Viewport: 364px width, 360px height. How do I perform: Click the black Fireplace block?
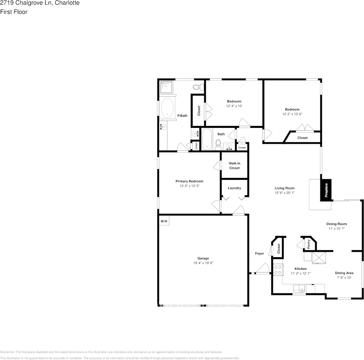point(326,189)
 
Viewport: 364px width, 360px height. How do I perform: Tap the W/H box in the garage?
point(164,221)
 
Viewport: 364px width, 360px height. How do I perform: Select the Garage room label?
point(203,258)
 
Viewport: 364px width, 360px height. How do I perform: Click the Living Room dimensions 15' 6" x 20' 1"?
point(284,193)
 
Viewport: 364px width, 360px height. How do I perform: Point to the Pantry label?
point(309,244)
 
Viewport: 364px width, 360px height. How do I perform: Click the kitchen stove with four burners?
point(278,269)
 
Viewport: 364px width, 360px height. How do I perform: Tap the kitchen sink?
point(300,289)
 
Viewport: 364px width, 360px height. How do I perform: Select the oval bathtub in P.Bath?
point(167,108)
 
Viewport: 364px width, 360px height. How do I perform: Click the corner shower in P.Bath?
point(166,88)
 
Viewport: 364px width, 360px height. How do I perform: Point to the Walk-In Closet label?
point(234,165)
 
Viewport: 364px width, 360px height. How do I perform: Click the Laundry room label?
point(234,188)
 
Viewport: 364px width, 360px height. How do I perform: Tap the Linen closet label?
point(196,146)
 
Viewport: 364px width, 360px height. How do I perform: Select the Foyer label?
point(259,253)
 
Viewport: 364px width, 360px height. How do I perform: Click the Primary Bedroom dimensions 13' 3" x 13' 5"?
point(189,186)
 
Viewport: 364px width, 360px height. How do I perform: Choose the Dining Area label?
point(344,273)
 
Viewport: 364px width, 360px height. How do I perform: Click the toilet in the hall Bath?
point(218,144)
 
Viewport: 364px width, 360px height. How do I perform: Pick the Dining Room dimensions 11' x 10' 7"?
point(337,229)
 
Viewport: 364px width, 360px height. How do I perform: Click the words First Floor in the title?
point(14,12)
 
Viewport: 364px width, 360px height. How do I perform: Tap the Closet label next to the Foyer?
point(279,248)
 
